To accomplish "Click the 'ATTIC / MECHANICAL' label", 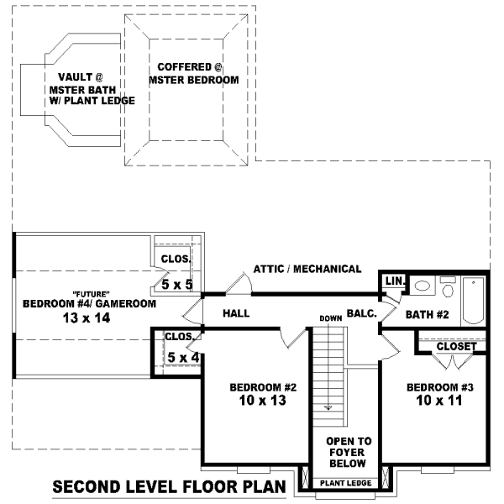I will tap(307, 270).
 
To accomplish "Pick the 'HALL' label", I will tap(238, 313).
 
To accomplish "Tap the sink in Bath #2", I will tap(423, 286).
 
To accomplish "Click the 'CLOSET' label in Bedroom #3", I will tap(456, 346).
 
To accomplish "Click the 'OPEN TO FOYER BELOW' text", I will tap(349, 452).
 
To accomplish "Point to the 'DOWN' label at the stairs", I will tap(330, 318).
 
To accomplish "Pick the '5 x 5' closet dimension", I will tap(177, 285).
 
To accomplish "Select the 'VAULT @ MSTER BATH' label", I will tap(81, 88).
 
